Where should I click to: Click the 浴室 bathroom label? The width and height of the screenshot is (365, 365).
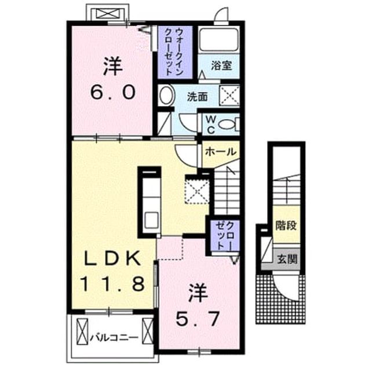click(x=221, y=66)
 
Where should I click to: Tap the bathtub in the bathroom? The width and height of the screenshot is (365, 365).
click(x=219, y=39)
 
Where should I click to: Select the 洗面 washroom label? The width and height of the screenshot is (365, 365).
click(x=198, y=97)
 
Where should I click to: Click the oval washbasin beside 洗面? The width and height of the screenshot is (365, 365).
click(x=167, y=96)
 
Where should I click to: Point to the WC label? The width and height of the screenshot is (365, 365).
click(x=211, y=125)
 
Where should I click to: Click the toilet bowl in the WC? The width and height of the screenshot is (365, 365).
click(x=227, y=125)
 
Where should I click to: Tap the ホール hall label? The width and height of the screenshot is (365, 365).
click(x=220, y=152)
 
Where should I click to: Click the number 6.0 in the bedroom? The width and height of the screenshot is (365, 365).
click(x=112, y=92)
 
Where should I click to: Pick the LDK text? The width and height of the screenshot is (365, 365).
click(x=113, y=258)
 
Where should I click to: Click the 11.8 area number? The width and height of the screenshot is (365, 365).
click(x=112, y=284)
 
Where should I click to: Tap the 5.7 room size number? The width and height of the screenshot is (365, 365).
click(x=198, y=319)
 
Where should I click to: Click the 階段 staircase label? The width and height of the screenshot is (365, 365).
click(x=286, y=225)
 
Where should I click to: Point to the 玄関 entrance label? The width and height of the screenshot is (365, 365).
click(x=288, y=259)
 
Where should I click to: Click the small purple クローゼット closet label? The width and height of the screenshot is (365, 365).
click(x=224, y=236)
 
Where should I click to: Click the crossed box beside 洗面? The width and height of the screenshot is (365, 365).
click(x=229, y=96)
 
